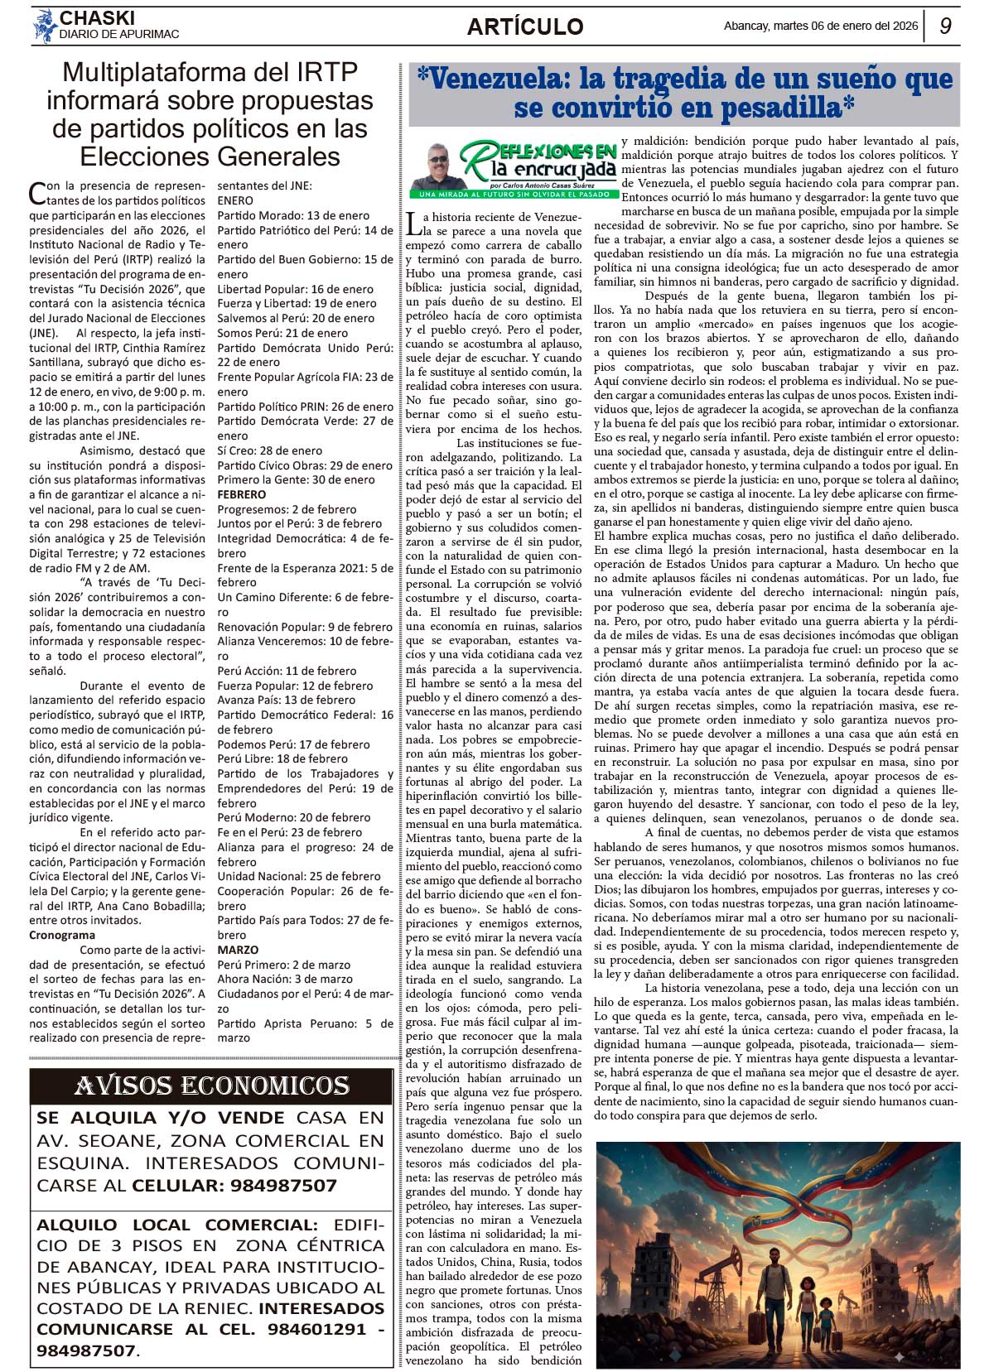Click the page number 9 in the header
(x=945, y=26)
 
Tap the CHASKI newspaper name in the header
(x=97, y=17)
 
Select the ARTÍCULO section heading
(x=525, y=26)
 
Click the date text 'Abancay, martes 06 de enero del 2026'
(x=820, y=26)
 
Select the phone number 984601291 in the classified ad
(x=316, y=1329)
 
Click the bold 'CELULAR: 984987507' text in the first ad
(x=234, y=1185)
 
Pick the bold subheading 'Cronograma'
(x=62, y=935)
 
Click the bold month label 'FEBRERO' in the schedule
(x=242, y=494)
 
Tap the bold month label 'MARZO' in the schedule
(x=238, y=950)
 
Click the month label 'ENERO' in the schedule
(x=235, y=200)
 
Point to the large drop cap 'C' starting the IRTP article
(x=37, y=194)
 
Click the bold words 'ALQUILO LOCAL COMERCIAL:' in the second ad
(x=176, y=1225)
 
